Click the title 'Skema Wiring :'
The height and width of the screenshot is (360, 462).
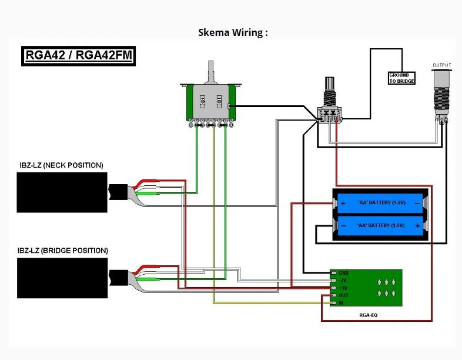tap(233, 32)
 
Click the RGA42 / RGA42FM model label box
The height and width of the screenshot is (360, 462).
tap(78, 55)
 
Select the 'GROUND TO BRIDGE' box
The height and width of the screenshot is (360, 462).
tap(401, 78)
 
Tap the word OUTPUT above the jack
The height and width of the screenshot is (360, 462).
tap(443, 65)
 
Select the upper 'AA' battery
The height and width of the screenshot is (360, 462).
tap(381, 203)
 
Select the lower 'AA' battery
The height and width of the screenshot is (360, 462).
tap(381, 225)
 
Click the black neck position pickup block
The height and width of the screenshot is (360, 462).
tap(62, 192)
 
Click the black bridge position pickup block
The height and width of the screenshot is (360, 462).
tap(62, 278)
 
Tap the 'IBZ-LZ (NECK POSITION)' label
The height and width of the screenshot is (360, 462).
tap(61, 165)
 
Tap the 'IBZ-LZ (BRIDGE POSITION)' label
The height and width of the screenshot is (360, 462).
tap(63, 251)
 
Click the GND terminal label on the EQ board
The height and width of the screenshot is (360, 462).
tap(344, 274)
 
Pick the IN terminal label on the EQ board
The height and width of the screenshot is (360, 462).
tap(341, 302)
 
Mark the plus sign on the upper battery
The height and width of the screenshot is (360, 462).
tap(343, 203)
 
